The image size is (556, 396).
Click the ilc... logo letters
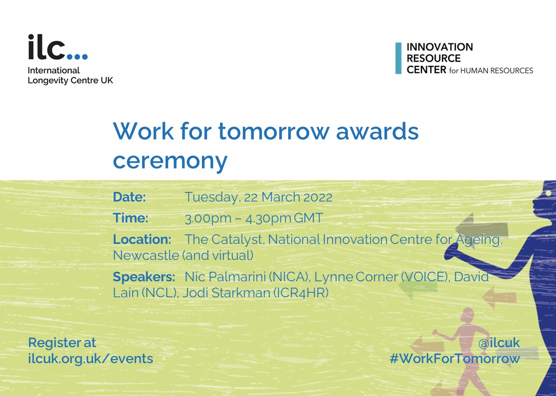click(x=57, y=48)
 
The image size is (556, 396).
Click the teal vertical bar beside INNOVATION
click(x=398, y=58)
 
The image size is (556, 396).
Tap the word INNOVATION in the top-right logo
click(x=439, y=47)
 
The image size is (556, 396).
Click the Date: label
click(x=129, y=197)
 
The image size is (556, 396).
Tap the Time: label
click(x=131, y=218)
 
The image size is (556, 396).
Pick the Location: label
click(x=142, y=239)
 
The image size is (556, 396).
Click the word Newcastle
click(x=146, y=255)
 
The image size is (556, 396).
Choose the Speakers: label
click(x=144, y=277)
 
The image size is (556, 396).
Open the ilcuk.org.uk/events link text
click(x=90, y=359)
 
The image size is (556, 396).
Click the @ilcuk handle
click(x=499, y=343)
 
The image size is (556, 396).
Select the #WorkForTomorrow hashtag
click(x=454, y=359)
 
